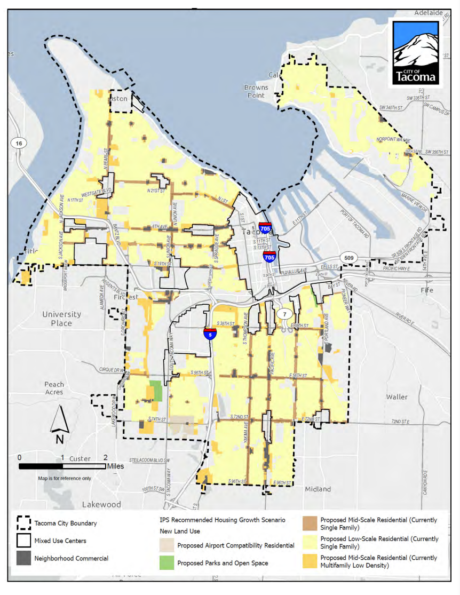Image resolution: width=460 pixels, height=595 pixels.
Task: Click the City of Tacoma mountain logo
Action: tap(416, 52)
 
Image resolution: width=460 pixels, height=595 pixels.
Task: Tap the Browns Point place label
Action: tap(255, 91)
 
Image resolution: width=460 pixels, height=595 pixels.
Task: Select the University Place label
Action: tap(62, 319)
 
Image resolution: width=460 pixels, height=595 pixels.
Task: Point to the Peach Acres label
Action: tap(54, 388)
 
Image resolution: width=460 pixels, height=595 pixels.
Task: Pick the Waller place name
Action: tap(396, 397)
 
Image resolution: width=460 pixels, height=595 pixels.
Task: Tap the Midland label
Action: tap(318, 489)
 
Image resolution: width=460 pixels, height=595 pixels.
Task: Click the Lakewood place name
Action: tap(101, 504)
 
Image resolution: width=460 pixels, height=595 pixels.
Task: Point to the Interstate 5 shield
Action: tap(210, 334)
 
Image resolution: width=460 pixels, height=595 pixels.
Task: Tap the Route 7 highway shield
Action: tap(284, 313)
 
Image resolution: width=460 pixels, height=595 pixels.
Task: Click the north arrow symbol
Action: tap(59, 421)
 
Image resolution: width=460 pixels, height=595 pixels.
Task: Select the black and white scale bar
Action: tap(62, 466)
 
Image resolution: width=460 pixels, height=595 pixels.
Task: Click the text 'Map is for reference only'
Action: tap(64, 478)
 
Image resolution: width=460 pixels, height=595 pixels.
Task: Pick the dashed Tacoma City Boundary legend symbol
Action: tap(23, 522)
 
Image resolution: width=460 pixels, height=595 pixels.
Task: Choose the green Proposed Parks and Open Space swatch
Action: tap(166, 562)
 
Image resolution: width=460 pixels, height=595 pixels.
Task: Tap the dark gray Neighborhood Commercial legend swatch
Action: tap(23, 558)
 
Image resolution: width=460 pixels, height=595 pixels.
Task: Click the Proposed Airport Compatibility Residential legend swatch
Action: tap(166, 545)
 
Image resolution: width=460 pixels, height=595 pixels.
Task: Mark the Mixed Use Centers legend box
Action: tap(23, 541)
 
